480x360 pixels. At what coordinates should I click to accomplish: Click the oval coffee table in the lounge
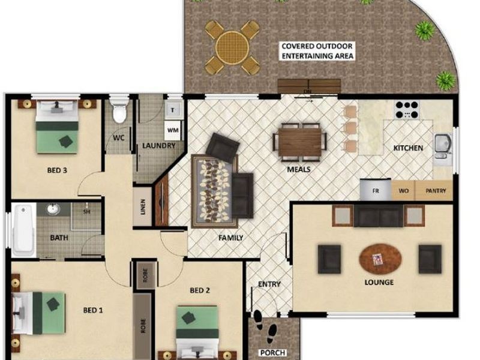click(380, 259)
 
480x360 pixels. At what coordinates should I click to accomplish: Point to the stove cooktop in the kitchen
click(406, 110)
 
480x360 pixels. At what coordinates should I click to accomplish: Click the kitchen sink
click(443, 145)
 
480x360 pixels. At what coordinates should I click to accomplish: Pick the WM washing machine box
click(172, 130)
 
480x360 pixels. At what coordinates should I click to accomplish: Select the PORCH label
click(272, 352)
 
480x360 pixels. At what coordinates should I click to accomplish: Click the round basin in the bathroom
click(53, 209)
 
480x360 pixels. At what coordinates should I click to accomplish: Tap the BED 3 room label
click(57, 170)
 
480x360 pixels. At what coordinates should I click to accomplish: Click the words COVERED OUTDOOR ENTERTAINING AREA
click(317, 51)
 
